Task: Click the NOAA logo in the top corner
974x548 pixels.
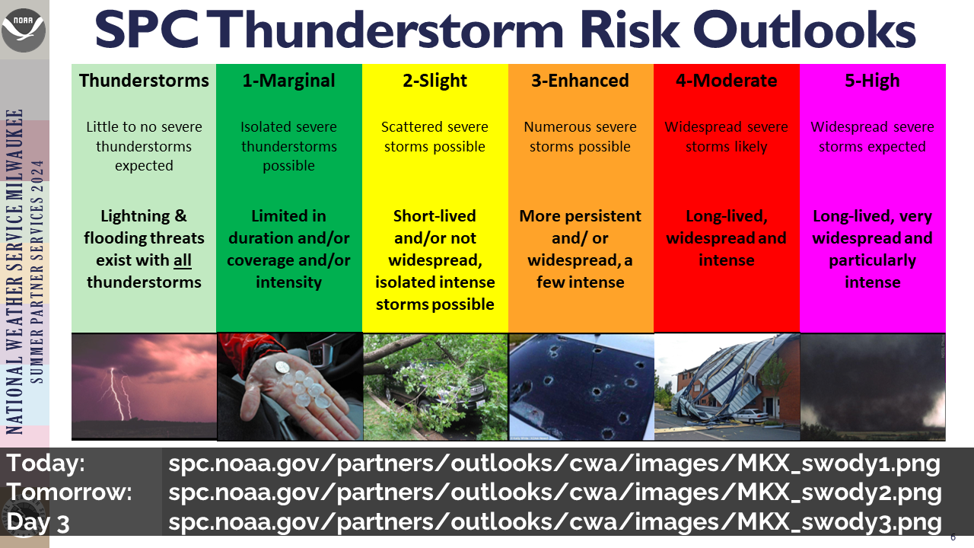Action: tap(24, 30)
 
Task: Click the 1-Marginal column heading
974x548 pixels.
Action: tap(288, 81)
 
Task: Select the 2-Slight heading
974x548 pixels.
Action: tap(434, 81)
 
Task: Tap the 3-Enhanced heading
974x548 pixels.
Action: tap(580, 81)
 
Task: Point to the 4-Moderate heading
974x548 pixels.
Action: tap(726, 81)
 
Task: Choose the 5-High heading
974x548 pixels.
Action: tap(872, 81)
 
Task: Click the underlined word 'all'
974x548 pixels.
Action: tap(183, 260)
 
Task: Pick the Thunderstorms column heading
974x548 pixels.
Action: tap(144, 81)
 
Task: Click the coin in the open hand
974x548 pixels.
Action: tap(282, 368)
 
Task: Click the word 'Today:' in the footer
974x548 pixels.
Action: tap(46, 463)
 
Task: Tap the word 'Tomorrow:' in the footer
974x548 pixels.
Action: tap(69, 492)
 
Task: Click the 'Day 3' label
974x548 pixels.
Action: tap(38, 522)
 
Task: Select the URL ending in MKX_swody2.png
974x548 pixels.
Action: tap(555, 492)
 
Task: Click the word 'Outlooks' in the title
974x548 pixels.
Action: tap(804, 30)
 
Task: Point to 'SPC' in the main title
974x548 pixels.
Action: tap(147, 30)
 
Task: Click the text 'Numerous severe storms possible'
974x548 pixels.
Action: tap(580, 136)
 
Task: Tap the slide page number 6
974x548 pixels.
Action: tap(953, 537)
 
